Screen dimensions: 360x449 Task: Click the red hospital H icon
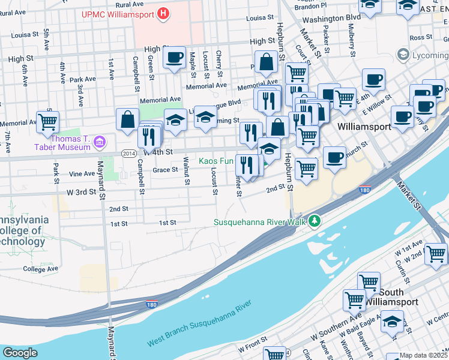pos(163,13)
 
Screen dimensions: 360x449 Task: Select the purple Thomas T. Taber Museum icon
pos(100,143)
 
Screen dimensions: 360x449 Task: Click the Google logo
pos(20,353)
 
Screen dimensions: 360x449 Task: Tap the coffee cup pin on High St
pos(175,58)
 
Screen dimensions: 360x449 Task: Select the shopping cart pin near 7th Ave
pos(47,122)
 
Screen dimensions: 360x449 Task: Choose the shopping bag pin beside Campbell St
pos(128,120)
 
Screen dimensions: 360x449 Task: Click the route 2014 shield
pos(128,154)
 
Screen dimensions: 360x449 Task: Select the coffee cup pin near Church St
pos(334,158)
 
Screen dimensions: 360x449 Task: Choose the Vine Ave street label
pos(82,174)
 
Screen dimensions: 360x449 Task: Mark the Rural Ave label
pos(130,4)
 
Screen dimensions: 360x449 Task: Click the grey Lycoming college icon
pos(403,56)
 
